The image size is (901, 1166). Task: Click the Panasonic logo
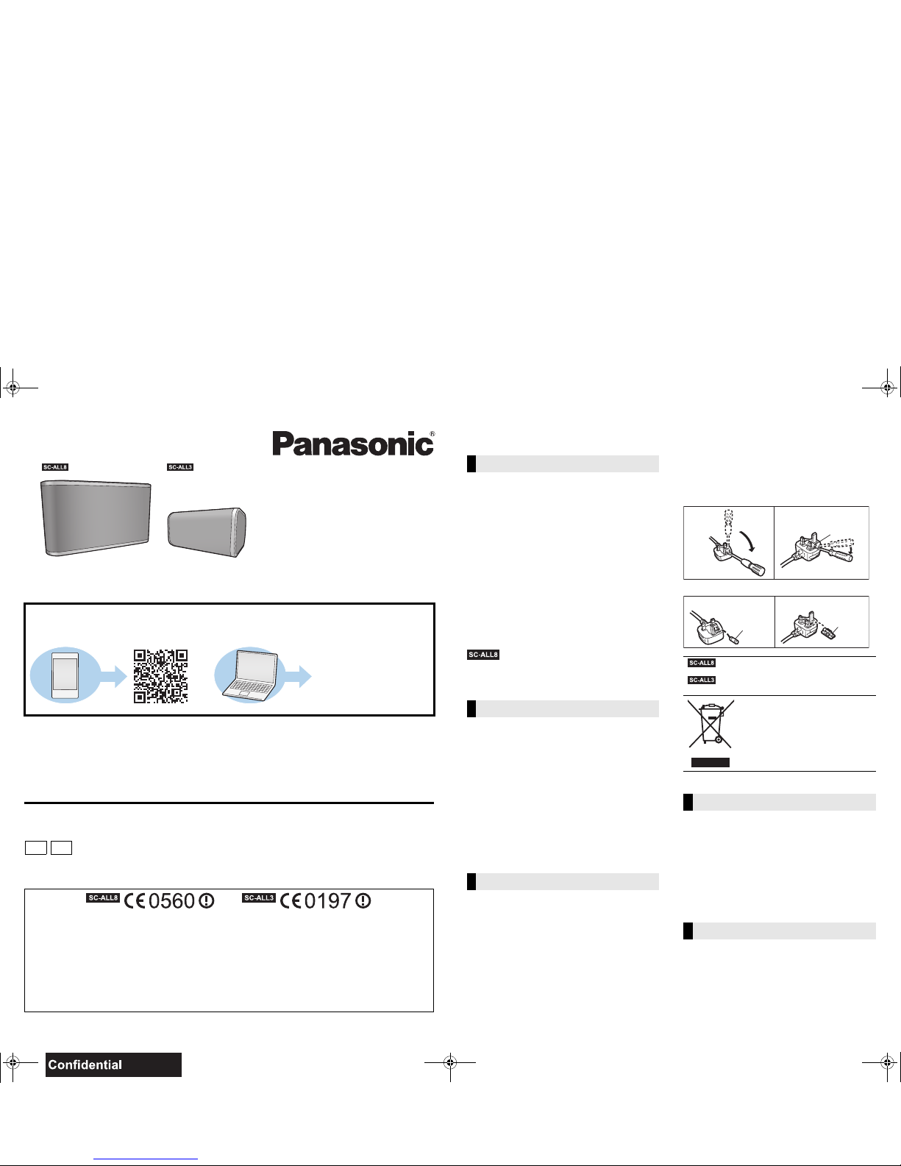pyautogui.click(x=353, y=444)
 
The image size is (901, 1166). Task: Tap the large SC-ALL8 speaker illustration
pyautogui.click(x=96, y=518)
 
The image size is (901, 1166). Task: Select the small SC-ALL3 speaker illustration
pyautogui.click(x=207, y=533)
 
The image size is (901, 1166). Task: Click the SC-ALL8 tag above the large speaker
pyautogui.click(x=55, y=467)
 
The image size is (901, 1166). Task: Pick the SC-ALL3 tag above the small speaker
pyautogui.click(x=180, y=467)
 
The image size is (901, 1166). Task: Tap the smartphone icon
pyautogui.click(x=65, y=675)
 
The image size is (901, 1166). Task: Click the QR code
pyautogui.click(x=160, y=676)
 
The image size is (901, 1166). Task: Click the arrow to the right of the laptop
pyautogui.click(x=298, y=676)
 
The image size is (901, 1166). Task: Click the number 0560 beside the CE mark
pyautogui.click(x=171, y=901)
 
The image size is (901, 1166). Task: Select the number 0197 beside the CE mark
pyautogui.click(x=327, y=901)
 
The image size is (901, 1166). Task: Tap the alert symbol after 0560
pyautogui.click(x=207, y=901)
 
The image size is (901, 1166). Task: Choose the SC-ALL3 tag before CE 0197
pyautogui.click(x=258, y=897)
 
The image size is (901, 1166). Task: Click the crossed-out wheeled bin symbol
pyautogui.click(x=711, y=724)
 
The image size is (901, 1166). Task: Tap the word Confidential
pyautogui.click(x=85, y=1064)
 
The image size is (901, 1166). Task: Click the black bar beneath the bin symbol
pyautogui.click(x=710, y=762)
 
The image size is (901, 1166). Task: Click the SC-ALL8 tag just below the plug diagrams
pyautogui.click(x=702, y=663)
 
